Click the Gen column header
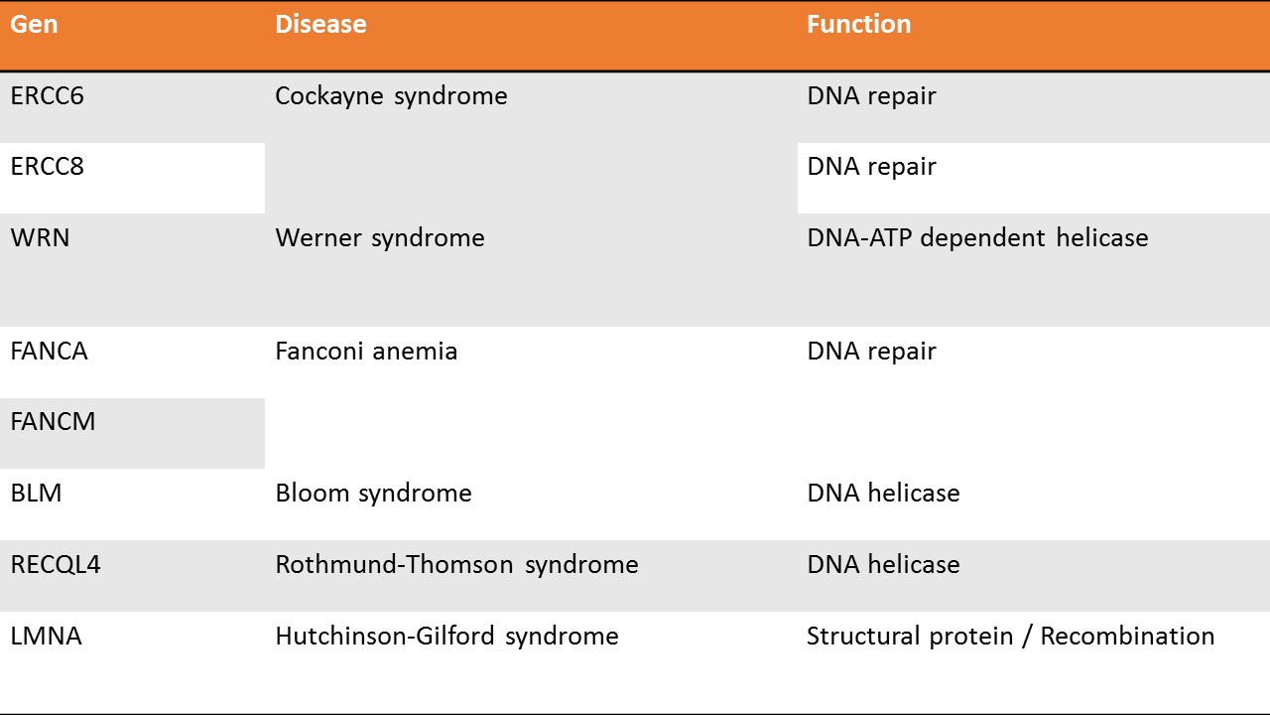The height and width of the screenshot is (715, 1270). click(34, 25)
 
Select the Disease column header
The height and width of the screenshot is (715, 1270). click(320, 25)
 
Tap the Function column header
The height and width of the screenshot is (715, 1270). click(859, 25)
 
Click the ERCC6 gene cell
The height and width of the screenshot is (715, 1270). click(47, 96)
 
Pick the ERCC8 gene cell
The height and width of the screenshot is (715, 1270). click(47, 166)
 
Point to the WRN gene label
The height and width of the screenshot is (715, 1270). click(41, 237)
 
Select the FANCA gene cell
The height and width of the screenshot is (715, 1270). click(50, 352)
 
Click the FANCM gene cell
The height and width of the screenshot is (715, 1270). click(53, 422)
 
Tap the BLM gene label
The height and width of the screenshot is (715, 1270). click(37, 494)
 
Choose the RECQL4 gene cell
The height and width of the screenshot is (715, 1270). click(56, 565)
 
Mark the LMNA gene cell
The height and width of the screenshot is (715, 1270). click(47, 637)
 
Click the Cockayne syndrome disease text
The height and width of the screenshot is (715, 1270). click(391, 96)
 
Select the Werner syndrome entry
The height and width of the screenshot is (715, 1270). click(380, 238)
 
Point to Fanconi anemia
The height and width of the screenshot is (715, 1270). click(366, 352)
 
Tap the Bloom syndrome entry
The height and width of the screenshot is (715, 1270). click(374, 494)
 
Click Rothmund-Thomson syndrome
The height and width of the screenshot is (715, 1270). click(457, 565)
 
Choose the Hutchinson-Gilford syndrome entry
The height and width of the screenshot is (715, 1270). click(446, 637)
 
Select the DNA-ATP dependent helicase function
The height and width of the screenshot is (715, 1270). click(977, 238)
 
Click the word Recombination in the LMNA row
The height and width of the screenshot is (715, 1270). click(1128, 637)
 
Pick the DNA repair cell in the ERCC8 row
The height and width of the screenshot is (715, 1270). click(871, 167)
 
